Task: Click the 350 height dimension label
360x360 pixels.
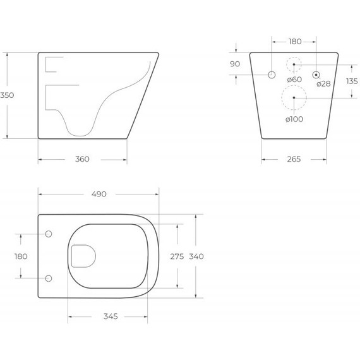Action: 8,95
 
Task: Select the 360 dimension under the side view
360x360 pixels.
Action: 82,159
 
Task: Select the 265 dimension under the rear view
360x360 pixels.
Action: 294,159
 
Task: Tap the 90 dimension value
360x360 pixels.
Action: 235,64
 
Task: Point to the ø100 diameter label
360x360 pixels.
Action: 294,119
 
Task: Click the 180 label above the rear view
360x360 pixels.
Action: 294,42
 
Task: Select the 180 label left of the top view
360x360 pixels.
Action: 21,256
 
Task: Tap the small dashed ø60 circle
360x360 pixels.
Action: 294,64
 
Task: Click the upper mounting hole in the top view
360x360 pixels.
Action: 50,234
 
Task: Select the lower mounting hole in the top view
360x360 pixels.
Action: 50,278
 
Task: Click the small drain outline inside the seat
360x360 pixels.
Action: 83,256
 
